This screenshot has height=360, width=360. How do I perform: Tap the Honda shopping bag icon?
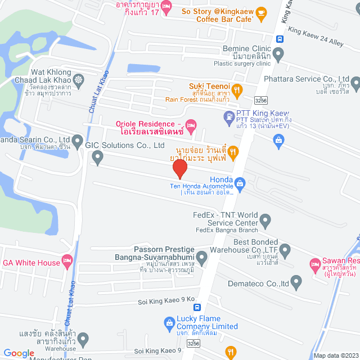click(240, 183)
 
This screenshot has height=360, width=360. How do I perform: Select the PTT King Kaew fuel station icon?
click(229, 118)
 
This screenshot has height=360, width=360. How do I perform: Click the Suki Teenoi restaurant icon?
click(237, 89)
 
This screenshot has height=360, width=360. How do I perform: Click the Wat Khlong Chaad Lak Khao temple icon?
click(78, 79)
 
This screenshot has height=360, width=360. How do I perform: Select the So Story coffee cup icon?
click(261, 12)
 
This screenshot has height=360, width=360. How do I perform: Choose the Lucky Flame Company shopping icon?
click(168, 323)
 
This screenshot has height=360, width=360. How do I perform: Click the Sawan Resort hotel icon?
click(315, 263)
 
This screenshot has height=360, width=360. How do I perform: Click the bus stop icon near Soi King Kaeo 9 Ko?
click(197, 308)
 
